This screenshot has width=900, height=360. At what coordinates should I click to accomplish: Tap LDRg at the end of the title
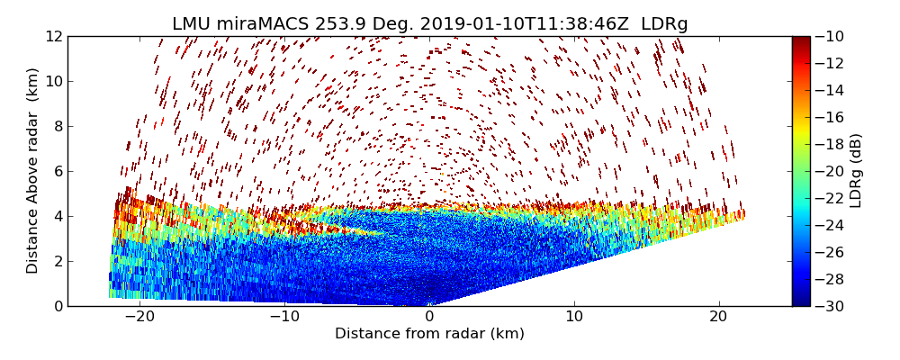tap(664, 24)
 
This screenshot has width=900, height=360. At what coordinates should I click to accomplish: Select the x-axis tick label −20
tap(139, 317)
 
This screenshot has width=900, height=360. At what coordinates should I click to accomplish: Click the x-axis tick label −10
tap(284, 317)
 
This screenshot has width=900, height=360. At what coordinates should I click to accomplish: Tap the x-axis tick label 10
tap(574, 317)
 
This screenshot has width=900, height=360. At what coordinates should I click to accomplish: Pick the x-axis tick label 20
tap(718, 317)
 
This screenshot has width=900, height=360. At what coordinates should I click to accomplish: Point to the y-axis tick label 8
tap(57, 126)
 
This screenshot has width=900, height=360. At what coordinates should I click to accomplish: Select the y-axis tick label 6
tap(57, 171)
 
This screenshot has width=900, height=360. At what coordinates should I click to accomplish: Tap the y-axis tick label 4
tap(57, 216)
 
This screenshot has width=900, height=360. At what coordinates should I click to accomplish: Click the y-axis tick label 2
tap(57, 261)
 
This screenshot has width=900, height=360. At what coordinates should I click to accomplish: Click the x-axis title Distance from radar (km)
tap(429, 334)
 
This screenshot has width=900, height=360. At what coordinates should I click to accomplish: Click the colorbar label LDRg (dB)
tap(856, 171)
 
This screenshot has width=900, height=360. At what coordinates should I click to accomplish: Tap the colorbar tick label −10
tap(831, 36)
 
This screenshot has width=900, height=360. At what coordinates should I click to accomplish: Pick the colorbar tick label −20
tap(831, 171)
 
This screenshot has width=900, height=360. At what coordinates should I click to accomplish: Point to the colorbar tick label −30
tap(831, 306)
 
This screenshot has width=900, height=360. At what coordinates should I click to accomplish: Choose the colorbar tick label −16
tap(831, 117)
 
